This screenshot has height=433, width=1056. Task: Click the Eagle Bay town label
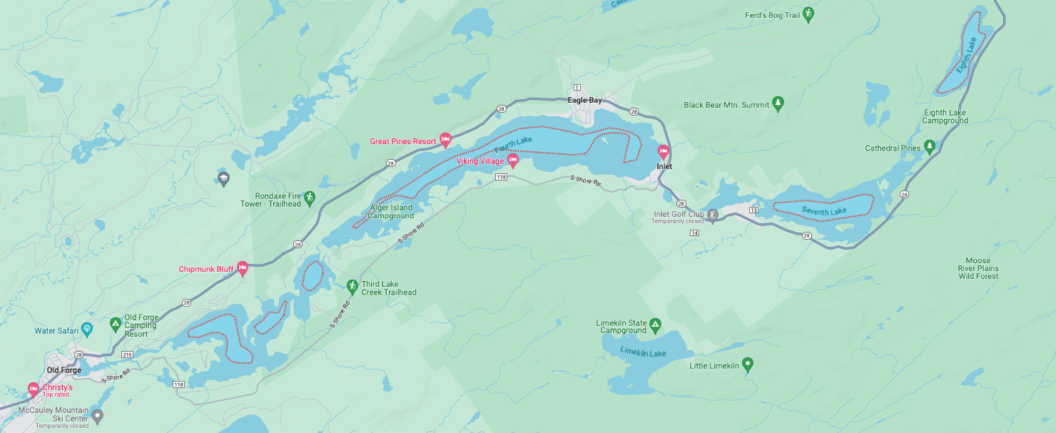coord(584,101)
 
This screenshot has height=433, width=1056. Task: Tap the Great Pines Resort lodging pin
coord(445,139)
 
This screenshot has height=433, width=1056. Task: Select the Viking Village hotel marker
coord(512,160)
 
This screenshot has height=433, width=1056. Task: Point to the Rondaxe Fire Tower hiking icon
coord(309,197)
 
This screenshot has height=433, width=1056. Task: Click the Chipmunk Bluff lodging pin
coord(242,268)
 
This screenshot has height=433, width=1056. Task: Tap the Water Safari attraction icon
coord(87,329)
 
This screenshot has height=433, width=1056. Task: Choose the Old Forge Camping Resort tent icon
coord(115,325)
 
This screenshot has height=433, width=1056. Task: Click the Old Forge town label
coord(64,370)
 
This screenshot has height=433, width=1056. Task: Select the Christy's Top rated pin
coord(33,389)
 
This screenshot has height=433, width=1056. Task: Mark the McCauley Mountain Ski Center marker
coord(98,415)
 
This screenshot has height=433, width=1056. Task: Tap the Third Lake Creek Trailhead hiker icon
coord(352,286)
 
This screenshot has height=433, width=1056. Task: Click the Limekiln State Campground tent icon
coord(655,326)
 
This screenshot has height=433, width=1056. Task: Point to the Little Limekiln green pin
coord(747,365)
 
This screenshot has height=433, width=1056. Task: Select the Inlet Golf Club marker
coord(712,214)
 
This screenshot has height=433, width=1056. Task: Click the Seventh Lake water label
coord(823,211)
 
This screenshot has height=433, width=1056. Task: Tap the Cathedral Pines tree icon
coord(929,146)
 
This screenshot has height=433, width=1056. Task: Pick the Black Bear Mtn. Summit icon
coord(778,104)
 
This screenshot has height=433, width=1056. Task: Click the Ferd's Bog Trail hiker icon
coord(808,14)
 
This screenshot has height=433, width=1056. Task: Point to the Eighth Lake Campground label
coord(945,116)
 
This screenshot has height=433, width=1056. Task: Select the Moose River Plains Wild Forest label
coord(978,268)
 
